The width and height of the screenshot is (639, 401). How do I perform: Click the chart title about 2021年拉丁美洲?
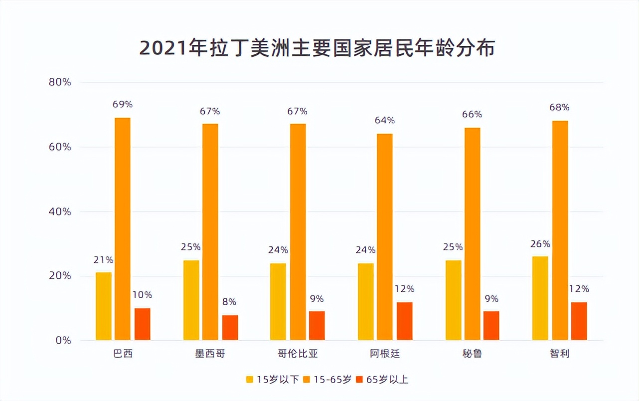point(317,48)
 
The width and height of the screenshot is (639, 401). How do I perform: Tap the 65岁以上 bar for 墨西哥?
point(230,327)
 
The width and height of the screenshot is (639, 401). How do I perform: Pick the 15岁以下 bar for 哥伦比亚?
point(278,301)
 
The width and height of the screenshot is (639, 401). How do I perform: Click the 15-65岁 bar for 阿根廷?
point(385,236)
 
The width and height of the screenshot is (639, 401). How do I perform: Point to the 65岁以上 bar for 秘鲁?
point(491,325)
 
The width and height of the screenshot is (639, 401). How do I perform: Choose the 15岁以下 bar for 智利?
point(540,298)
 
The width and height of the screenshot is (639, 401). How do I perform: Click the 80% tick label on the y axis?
point(60,82)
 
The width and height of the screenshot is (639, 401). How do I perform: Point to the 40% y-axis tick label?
point(60,211)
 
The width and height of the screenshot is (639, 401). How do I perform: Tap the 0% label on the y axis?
point(63,341)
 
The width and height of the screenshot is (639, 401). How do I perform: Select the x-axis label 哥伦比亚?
point(298,354)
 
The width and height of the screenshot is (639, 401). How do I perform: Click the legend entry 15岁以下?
point(273,380)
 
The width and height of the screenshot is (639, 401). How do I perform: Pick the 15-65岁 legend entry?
point(327,380)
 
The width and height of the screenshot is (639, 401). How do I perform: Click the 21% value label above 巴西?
point(103,260)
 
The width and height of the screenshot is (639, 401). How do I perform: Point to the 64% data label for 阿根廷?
point(385,120)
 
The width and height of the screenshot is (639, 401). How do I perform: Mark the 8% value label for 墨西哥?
point(230,302)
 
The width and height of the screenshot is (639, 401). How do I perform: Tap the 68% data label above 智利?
point(559,107)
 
